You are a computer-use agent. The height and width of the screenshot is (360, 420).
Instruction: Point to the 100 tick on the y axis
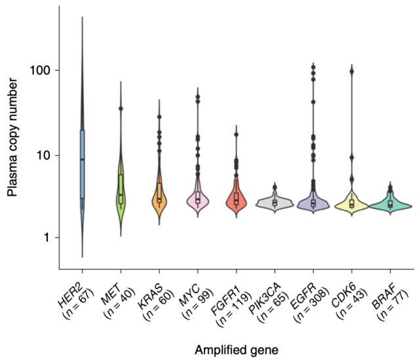pyautogui.click(x=39, y=70)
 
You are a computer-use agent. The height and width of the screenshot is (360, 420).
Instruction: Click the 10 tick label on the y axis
pyautogui.click(x=42, y=155)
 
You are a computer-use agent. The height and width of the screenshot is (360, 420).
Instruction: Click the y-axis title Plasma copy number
pyautogui.click(x=12, y=137)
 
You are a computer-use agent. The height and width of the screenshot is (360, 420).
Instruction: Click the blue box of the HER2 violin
pyautogui.click(x=82, y=164)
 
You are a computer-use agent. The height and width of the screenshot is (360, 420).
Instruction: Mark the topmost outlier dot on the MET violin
pyautogui.click(x=121, y=109)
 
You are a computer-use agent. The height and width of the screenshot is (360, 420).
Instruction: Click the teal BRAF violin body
pyautogui.click(x=391, y=206)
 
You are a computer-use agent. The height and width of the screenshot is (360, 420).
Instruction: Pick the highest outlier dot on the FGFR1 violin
pyautogui.click(x=237, y=135)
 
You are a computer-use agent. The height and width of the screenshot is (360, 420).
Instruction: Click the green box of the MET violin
pyautogui.click(x=121, y=187)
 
